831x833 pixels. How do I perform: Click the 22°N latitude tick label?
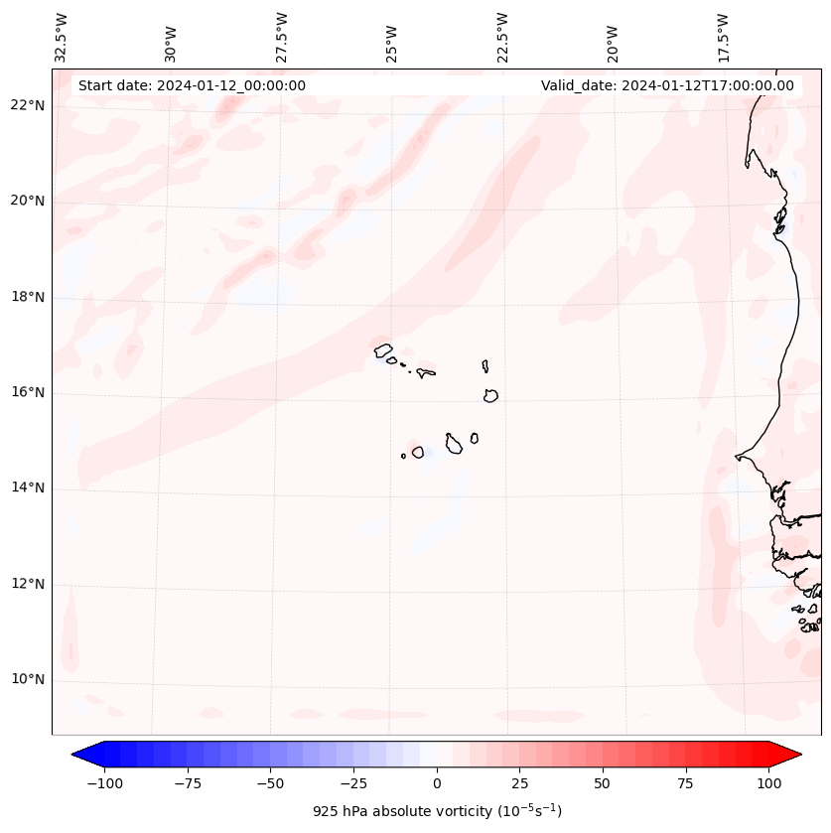click(28, 105)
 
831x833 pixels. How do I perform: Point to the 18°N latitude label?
click(28, 297)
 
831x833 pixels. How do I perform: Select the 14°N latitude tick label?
click(28, 487)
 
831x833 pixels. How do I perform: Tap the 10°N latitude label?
click(28, 679)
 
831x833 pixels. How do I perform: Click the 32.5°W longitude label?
click(62, 38)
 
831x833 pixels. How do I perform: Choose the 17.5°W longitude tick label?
click(723, 38)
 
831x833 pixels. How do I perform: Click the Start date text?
click(192, 85)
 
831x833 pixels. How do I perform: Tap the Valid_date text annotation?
click(667, 85)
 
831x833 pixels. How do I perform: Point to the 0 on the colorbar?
click(437, 783)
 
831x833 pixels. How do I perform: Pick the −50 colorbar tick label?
click(271, 783)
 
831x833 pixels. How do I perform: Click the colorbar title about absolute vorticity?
click(437, 811)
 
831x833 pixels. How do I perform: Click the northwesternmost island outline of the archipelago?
click(383, 349)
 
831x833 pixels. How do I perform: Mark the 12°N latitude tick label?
click(28, 584)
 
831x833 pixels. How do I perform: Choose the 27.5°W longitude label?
click(282, 38)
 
